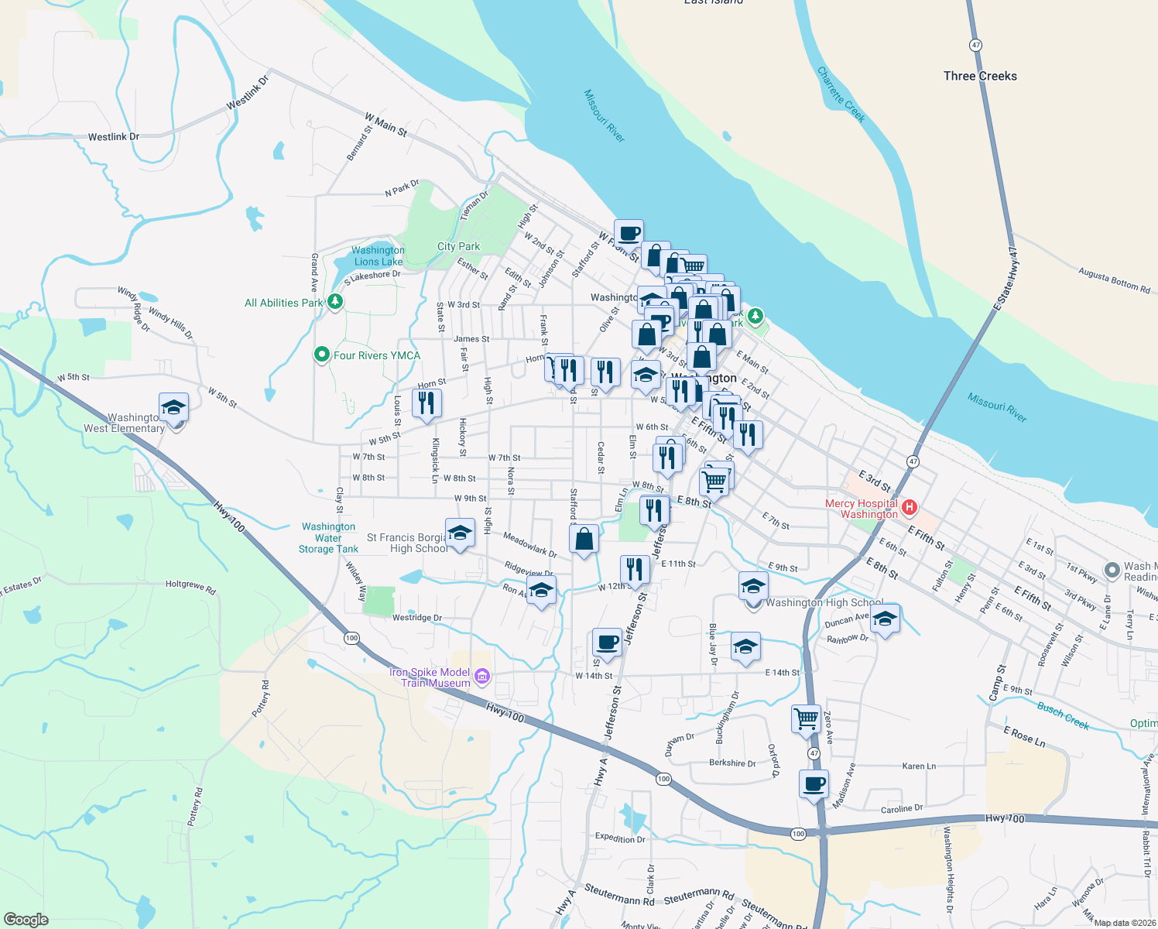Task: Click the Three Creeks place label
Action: pos(980,76)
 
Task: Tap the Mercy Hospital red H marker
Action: pos(910,508)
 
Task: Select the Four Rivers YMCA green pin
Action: pos(322,355)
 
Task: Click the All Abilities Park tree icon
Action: pos(335,302)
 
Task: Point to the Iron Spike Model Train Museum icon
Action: pos(482,677)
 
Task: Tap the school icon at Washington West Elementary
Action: pos(174,407)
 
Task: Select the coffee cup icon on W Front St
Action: pos(629,233)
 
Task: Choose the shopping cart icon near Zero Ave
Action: pos(806,718)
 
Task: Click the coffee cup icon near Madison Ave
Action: pos(814,784)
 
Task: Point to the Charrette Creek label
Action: pos(841,94)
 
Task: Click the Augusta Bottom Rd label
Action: pos(1114,279)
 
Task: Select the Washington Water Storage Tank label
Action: pos(328,537)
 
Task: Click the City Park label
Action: pos(458,246)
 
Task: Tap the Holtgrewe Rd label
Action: pos(190,587)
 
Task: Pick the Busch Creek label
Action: pos(1063,715)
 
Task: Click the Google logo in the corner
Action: pos(26,919)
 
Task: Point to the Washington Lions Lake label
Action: pos(378,255)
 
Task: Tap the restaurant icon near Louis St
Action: pos(426,403)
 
